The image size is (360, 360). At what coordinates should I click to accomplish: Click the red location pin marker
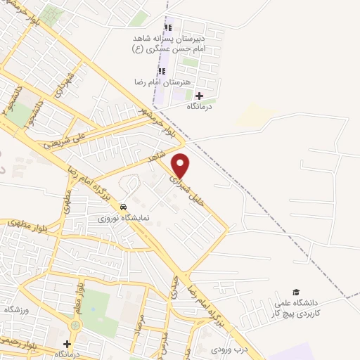point(181,165)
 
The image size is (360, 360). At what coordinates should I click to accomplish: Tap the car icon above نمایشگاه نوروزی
point(124,207)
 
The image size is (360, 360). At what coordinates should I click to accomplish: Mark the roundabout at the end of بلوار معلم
point(75,326)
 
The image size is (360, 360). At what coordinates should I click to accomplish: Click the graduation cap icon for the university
point(295,292)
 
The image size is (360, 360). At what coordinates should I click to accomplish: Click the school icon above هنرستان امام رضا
point(162,71)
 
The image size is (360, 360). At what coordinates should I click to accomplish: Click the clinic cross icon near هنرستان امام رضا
point(199,96)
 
